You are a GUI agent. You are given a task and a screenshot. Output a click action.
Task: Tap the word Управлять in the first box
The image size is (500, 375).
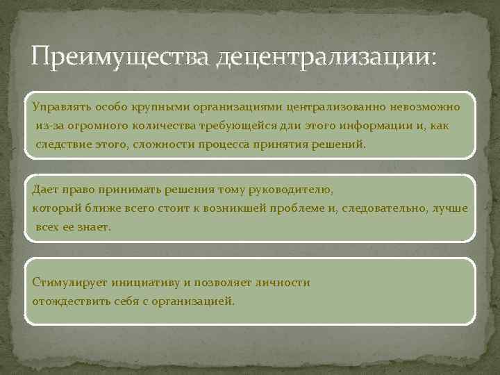[x=58, y=107]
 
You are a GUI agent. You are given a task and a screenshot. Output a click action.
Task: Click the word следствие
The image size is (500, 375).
[x=63, y=146]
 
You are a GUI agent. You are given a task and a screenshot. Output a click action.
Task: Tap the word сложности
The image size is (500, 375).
[x=169, y=146]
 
